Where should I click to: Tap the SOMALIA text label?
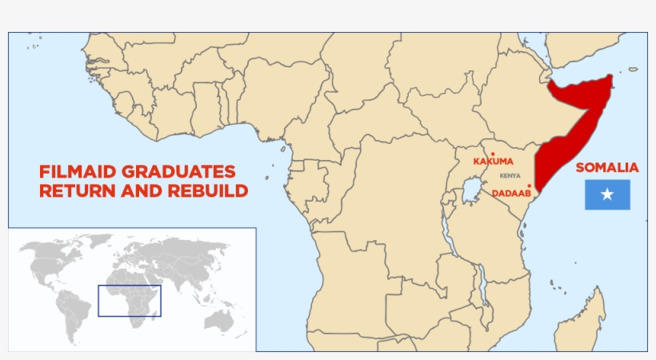point(606,168)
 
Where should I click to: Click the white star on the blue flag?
point(607,194)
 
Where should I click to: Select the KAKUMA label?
point(492,162)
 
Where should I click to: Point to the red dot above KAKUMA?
point(493,154)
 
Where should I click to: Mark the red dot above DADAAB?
point(529,186)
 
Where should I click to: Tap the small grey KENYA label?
point(510,176)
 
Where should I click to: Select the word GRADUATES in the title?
point(184,172)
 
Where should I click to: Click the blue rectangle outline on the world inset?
point(130,286)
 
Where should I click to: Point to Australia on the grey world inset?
point(218,319)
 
